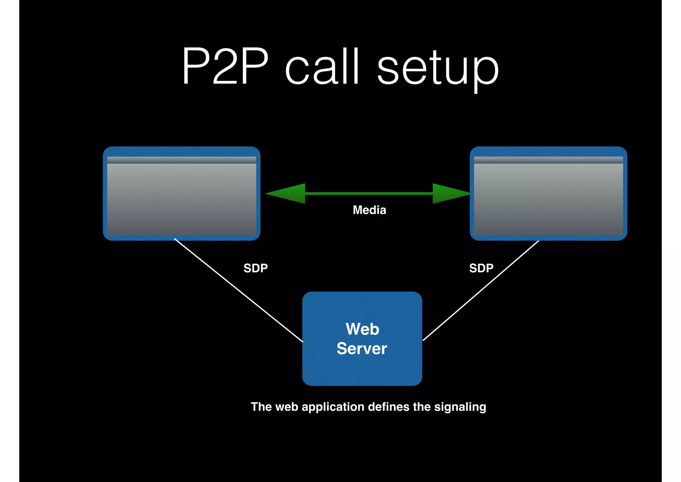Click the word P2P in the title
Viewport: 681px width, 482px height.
225,67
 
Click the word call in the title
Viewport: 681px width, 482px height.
322,67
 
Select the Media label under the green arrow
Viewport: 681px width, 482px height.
369,210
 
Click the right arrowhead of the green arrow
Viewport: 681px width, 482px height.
450,193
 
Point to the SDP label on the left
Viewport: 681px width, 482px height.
255,268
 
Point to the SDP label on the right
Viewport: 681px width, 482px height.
481,268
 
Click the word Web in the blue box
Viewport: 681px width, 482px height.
362,329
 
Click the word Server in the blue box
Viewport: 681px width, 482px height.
362,349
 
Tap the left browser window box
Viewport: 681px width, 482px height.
182,200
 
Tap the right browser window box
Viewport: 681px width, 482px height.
548,200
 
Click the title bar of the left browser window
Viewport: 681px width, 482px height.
182,160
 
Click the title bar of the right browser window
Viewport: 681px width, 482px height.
548,160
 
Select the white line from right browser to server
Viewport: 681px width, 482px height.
481,290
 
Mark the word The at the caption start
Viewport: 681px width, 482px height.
261,407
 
